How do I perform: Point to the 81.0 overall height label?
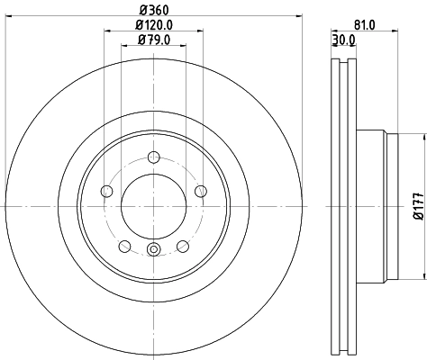[365, 25]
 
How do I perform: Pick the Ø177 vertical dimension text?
[417, 206]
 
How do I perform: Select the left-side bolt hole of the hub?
[105, 190]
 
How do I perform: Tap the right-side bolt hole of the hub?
[200, 190]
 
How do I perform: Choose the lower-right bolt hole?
[182, 246]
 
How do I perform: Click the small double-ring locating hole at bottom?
[152, 249]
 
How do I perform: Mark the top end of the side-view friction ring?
[343, 62]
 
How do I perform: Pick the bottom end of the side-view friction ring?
[343, 350]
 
